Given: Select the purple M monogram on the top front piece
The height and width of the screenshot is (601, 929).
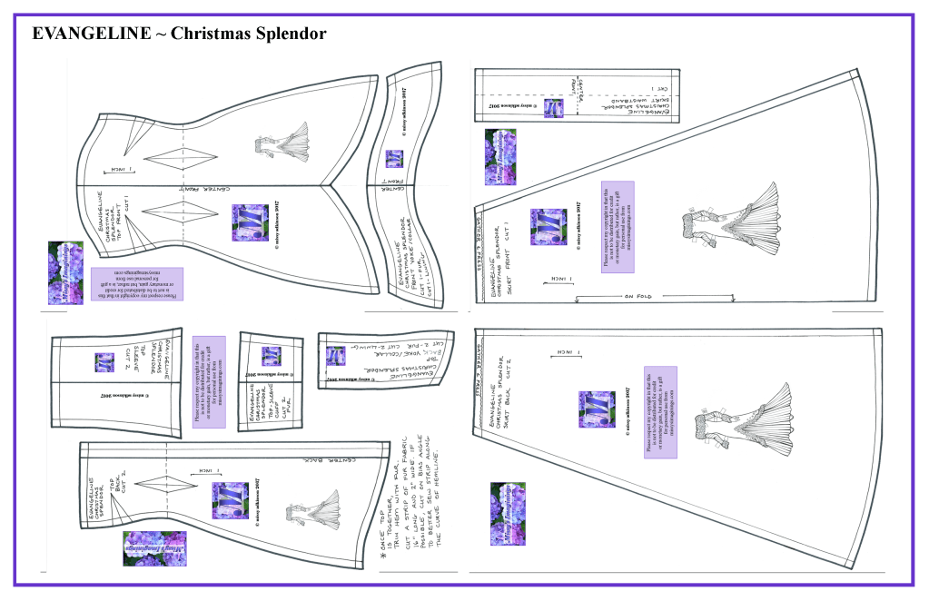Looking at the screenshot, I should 251,222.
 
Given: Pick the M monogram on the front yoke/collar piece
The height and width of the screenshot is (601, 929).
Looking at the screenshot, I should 394,159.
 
